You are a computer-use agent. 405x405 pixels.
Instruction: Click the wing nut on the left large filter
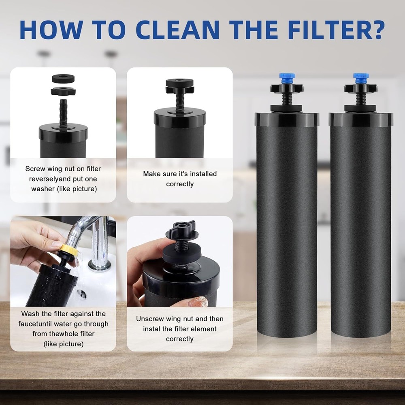pos(287,88)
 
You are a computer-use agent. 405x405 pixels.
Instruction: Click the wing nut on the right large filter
pos(360,88)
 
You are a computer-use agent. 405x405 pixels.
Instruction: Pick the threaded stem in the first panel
pos(63,111)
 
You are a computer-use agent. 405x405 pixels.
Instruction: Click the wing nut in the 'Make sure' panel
pos(180,86)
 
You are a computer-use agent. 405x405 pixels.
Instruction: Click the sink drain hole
pos(81,292)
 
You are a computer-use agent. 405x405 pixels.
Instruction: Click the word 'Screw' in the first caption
pos(35,168)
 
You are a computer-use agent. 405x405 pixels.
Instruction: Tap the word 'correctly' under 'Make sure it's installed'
pos(180,184)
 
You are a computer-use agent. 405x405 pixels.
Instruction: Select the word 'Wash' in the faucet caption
pos(30,313)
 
